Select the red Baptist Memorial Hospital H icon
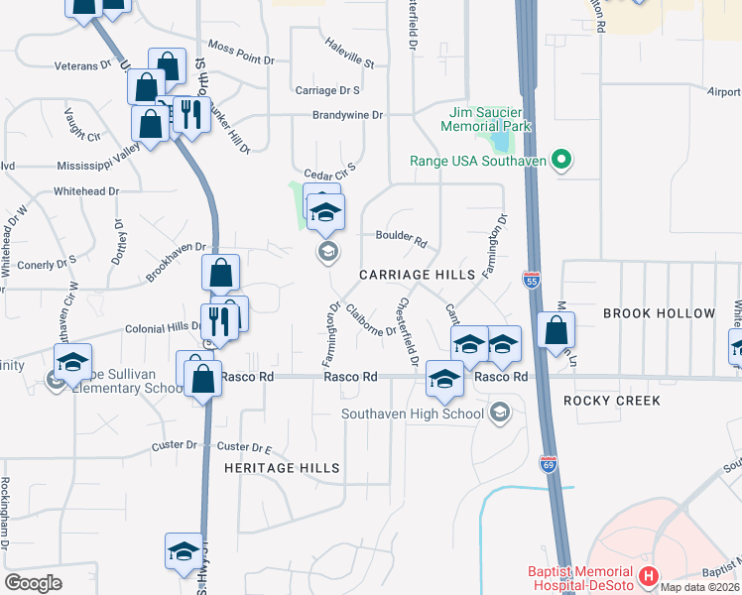click(648, 576)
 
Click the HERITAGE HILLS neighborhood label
click(282, 468)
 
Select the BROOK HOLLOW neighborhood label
click(659, 313)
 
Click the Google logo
click(33, 583)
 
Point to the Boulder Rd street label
click(401, 239)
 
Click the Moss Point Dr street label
click(241, 54)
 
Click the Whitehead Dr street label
click(86, 191)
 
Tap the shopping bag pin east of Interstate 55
click(556, 330)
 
